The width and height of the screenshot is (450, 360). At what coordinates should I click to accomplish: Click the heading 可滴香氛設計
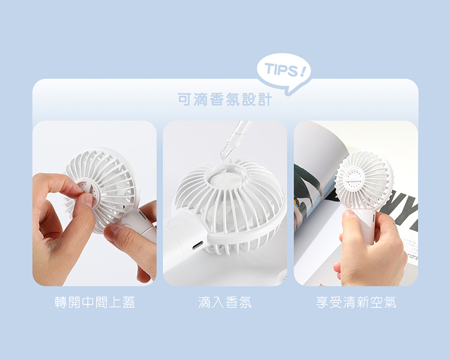click(x=225, y=100)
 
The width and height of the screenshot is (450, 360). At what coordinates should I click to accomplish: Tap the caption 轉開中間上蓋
click(x=95, y=302)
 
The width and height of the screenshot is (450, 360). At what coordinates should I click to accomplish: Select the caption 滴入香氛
click(x=225, y=302)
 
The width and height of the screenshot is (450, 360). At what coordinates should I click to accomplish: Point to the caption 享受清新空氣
click(x=356, y=302)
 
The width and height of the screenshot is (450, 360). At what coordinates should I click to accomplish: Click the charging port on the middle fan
click(x=198, y=245)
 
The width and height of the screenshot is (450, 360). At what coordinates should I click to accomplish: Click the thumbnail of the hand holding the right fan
click(x=348, y=214)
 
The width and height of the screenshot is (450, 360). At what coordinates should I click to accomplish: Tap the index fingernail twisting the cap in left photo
click(x=88, y=200)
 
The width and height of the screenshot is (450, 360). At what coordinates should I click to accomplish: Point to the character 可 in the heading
click(x=184, y=100)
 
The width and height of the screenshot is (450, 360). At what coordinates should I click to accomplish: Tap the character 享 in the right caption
click(x=322, y=302)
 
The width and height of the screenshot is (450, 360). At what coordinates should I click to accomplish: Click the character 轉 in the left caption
click(x=61, y=302)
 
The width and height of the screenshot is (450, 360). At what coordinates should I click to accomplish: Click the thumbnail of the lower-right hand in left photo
click(x=113, y=229)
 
